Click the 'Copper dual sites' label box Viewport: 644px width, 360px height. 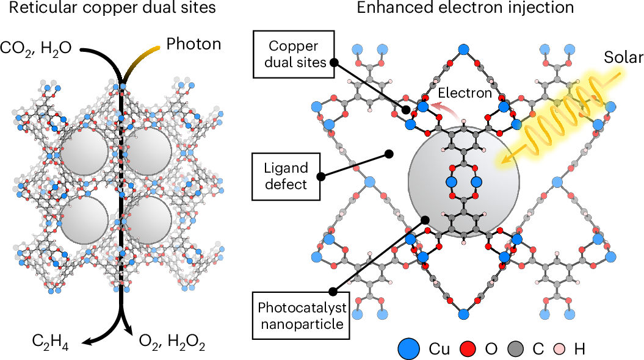point(294,54)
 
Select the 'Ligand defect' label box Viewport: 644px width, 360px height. point(286,176)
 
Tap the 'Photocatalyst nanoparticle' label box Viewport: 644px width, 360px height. point(301,315)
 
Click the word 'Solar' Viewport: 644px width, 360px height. point(623,57)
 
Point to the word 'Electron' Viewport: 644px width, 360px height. point(465,93)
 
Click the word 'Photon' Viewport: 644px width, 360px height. point(194,44)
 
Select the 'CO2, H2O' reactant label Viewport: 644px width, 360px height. point(36,48)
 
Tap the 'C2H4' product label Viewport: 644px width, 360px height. point(50,343)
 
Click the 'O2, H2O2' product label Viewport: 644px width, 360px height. point(172,343)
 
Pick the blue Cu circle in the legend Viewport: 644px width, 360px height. point(409,349)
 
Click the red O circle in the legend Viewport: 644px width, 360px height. point(467,350)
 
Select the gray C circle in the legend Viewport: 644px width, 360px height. point(516,350)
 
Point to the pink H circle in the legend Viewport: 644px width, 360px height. point(559,350)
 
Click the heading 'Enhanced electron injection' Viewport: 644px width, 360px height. point(465,7)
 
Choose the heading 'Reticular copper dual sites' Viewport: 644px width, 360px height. point(112,7)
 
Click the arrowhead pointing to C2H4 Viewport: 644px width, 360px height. point(87,340)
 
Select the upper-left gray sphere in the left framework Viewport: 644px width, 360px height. point(85,153)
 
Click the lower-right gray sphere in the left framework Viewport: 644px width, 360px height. point(148,220)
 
